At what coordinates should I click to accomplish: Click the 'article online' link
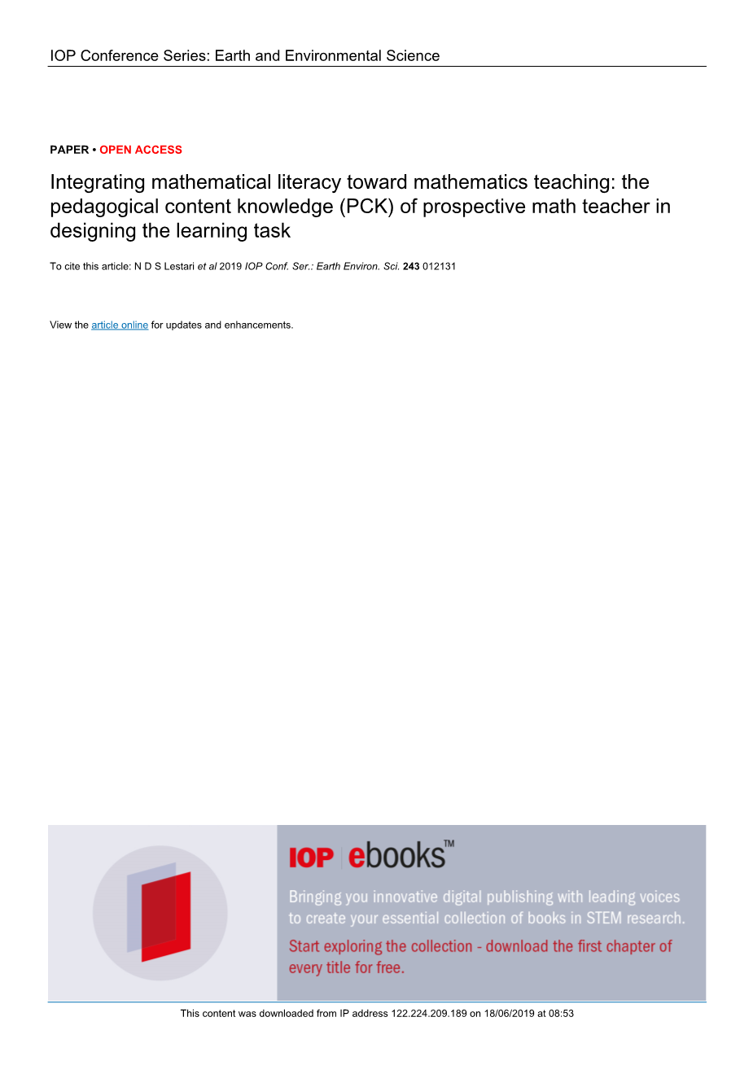click(x=120, y=325)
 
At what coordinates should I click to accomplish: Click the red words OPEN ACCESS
click(x=141, y=150)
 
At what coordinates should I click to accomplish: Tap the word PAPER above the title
click(x=69, y=150)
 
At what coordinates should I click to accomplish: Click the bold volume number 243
click(x=411, y=267)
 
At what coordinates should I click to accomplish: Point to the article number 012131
click(x=440, y=267)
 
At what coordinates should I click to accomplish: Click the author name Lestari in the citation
click(x=179, y=267)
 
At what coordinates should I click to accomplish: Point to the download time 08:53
click(x=561, y=1014)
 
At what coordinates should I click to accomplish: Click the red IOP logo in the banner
click(x=311, y=858)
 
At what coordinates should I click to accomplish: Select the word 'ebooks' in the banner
click(x=396, y=856)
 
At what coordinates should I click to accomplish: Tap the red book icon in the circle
click(x=165, y=915)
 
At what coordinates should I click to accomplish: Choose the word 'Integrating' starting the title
click(x=98, y=183)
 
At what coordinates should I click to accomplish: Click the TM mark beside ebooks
click(x=449, y=845)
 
